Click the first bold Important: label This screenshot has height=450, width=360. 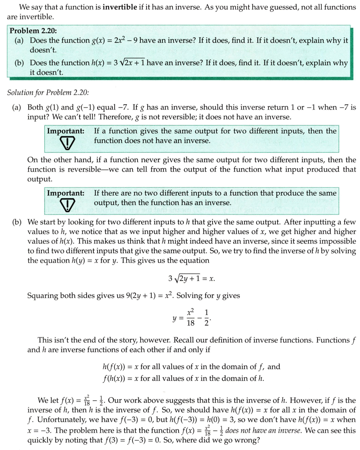click(65, 131)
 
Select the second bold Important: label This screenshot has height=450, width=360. click(65, 193)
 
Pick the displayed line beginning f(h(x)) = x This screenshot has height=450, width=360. click(184, 378)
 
